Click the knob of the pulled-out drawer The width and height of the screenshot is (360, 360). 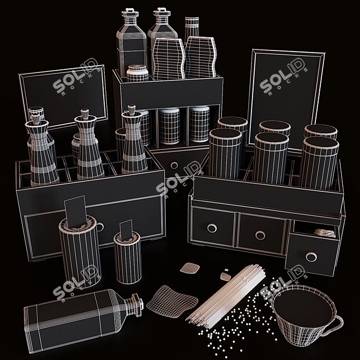click(311, 257)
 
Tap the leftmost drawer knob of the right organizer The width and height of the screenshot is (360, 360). click(211, 228)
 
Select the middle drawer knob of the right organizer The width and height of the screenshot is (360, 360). click(260, 235)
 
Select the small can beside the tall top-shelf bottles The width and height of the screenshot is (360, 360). click(138, 73)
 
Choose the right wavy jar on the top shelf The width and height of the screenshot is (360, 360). click(200, 58)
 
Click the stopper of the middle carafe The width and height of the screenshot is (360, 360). click(84, 114)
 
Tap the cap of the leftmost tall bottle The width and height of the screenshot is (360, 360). click(129, 12)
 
